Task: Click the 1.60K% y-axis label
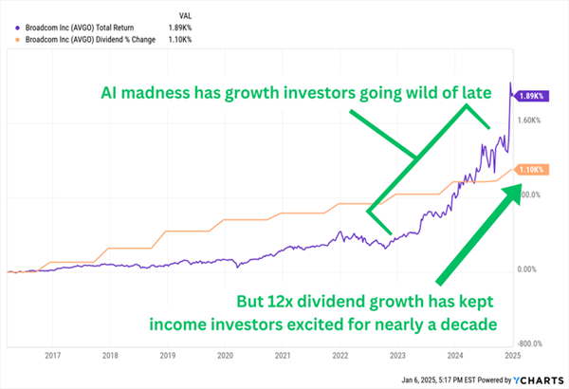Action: [528, 120]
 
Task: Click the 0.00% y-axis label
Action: [526, 269]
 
